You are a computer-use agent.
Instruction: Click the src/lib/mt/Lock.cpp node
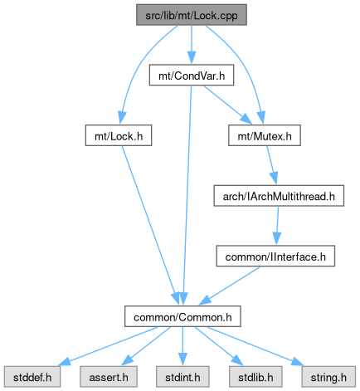192,15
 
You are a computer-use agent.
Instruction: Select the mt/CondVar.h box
192,76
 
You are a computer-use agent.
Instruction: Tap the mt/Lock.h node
119,135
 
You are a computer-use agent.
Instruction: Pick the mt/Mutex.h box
265,135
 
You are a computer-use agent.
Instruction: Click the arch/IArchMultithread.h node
279,196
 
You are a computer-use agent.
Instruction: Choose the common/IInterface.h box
275,257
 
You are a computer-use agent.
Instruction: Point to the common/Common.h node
182,316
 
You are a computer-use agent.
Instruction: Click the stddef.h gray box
32,377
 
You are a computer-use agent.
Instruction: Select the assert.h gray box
109,377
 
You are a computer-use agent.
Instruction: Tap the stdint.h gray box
182,377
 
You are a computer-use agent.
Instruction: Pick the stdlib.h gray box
255,377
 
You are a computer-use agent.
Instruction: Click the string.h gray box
328,377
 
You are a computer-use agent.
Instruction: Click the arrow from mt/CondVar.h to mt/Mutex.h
227,105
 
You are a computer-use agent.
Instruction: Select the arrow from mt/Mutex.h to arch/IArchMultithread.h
272,165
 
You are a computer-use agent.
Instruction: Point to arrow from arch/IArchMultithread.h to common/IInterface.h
277,226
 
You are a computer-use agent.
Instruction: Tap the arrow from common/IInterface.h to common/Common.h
230,286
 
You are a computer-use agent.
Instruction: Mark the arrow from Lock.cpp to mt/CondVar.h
192,45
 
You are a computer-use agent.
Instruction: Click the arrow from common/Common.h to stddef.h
109,346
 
